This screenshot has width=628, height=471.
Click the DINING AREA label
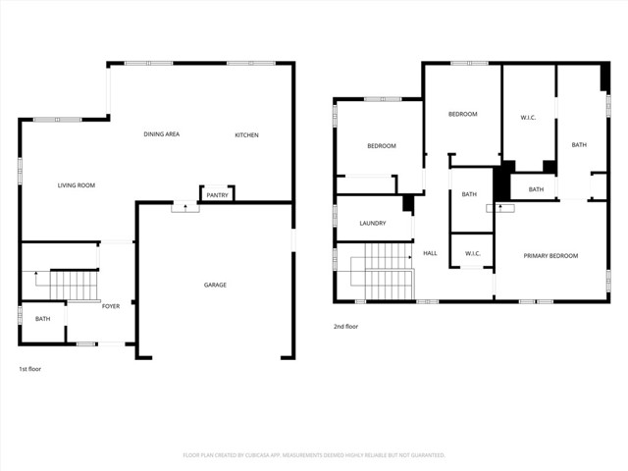point(161,134)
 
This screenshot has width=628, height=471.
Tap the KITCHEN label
point(246,134)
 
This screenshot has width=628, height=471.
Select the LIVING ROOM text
point(76,184)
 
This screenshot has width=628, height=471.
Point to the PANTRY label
point(217,195)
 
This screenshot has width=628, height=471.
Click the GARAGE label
point(215,285)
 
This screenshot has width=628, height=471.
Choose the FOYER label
point(111,306)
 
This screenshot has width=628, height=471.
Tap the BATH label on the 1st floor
point(42,318)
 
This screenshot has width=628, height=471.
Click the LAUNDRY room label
point(372,223)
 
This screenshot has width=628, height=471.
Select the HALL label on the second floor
point(430,253)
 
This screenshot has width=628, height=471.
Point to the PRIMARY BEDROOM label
point(550,255)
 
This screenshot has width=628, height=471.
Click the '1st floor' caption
point(29,369)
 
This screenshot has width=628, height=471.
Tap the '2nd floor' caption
point(346,327)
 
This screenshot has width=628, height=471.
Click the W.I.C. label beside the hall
point(472,253)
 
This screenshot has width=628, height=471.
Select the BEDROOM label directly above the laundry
point(381,146)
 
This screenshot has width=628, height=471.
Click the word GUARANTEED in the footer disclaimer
point(424,455)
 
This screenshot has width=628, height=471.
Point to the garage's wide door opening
point(215,356)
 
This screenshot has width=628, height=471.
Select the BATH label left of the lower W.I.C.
point(469,194)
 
